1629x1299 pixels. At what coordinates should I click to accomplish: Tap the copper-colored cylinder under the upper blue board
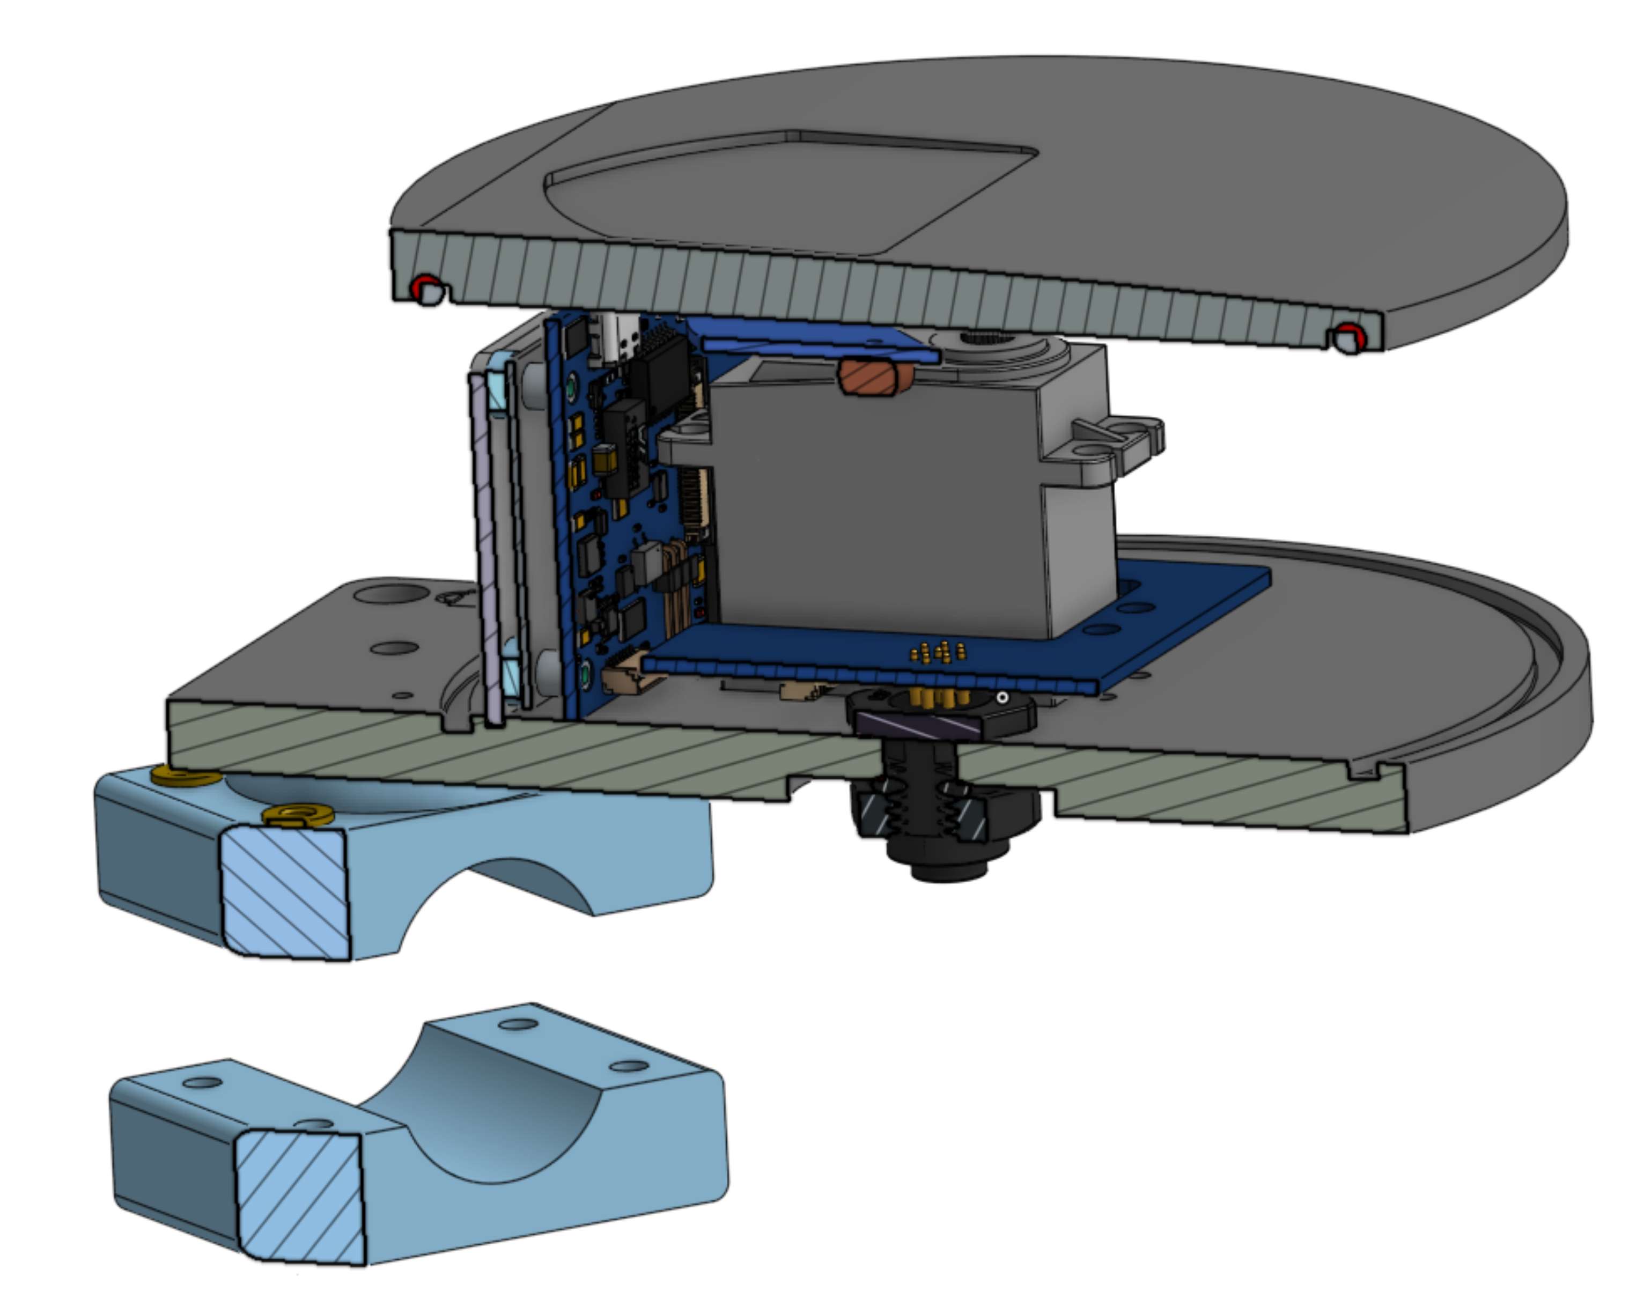coord(874,375)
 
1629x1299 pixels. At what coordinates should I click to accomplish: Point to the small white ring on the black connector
coord(1002,697)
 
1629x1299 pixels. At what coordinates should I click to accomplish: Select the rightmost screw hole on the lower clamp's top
coord(629,1066)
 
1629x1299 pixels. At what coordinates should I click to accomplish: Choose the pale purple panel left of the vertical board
coord(488,552)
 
